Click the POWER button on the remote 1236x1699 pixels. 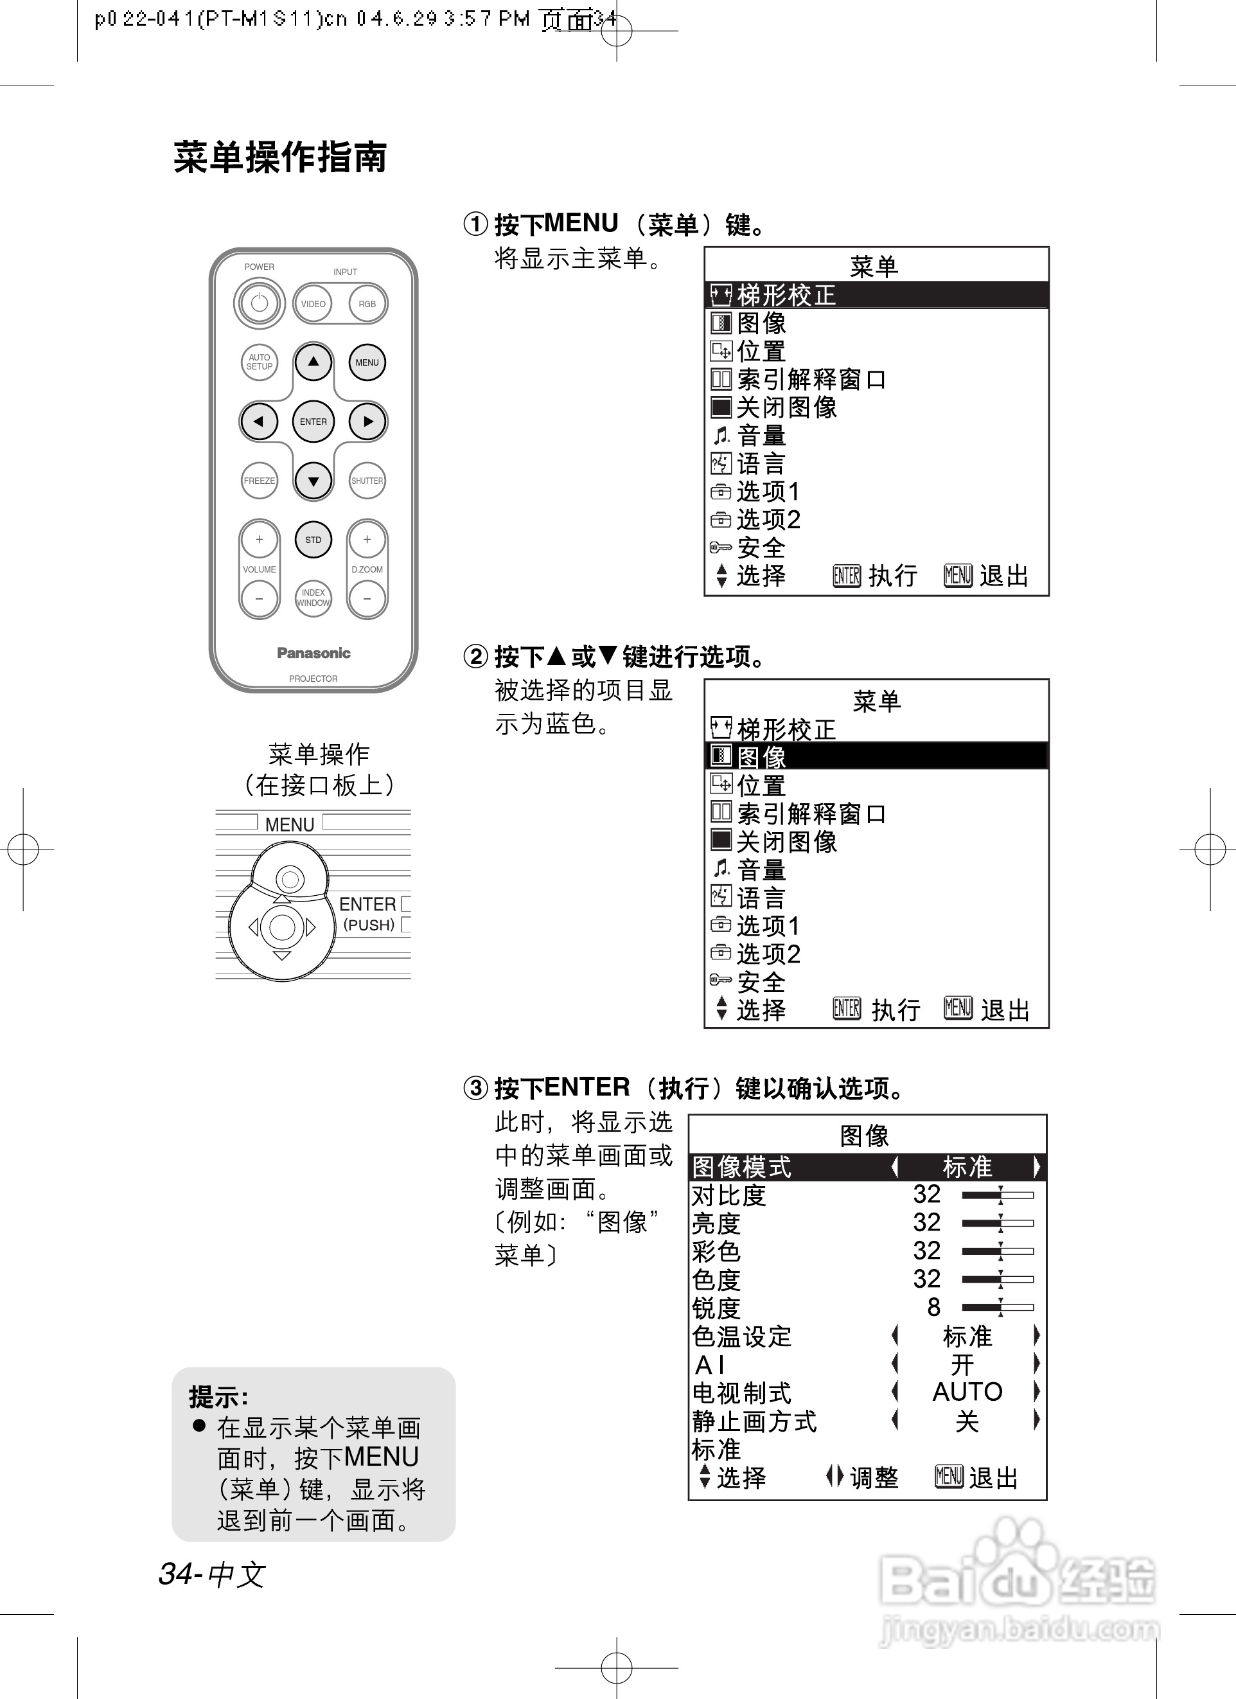coord(259,303)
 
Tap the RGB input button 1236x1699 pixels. coord(367,303)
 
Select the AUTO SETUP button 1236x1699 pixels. coord(259,362)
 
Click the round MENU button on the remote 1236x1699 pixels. coord(367,362)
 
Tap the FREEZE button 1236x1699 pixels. coord(259,480)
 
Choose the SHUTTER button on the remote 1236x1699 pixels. coord(367,480)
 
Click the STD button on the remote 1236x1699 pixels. coord(313,539)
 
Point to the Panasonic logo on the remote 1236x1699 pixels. coord(313,652)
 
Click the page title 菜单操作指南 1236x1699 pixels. coord(280,157)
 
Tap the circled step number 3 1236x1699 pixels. coord(475,1087)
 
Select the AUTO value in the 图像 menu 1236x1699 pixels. coord(966,1391)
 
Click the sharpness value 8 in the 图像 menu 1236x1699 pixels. coord(933,1306)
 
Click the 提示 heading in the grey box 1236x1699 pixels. coord(218,1396)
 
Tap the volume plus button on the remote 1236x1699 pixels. coord(259,539)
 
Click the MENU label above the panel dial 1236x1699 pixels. coord(289,824)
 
